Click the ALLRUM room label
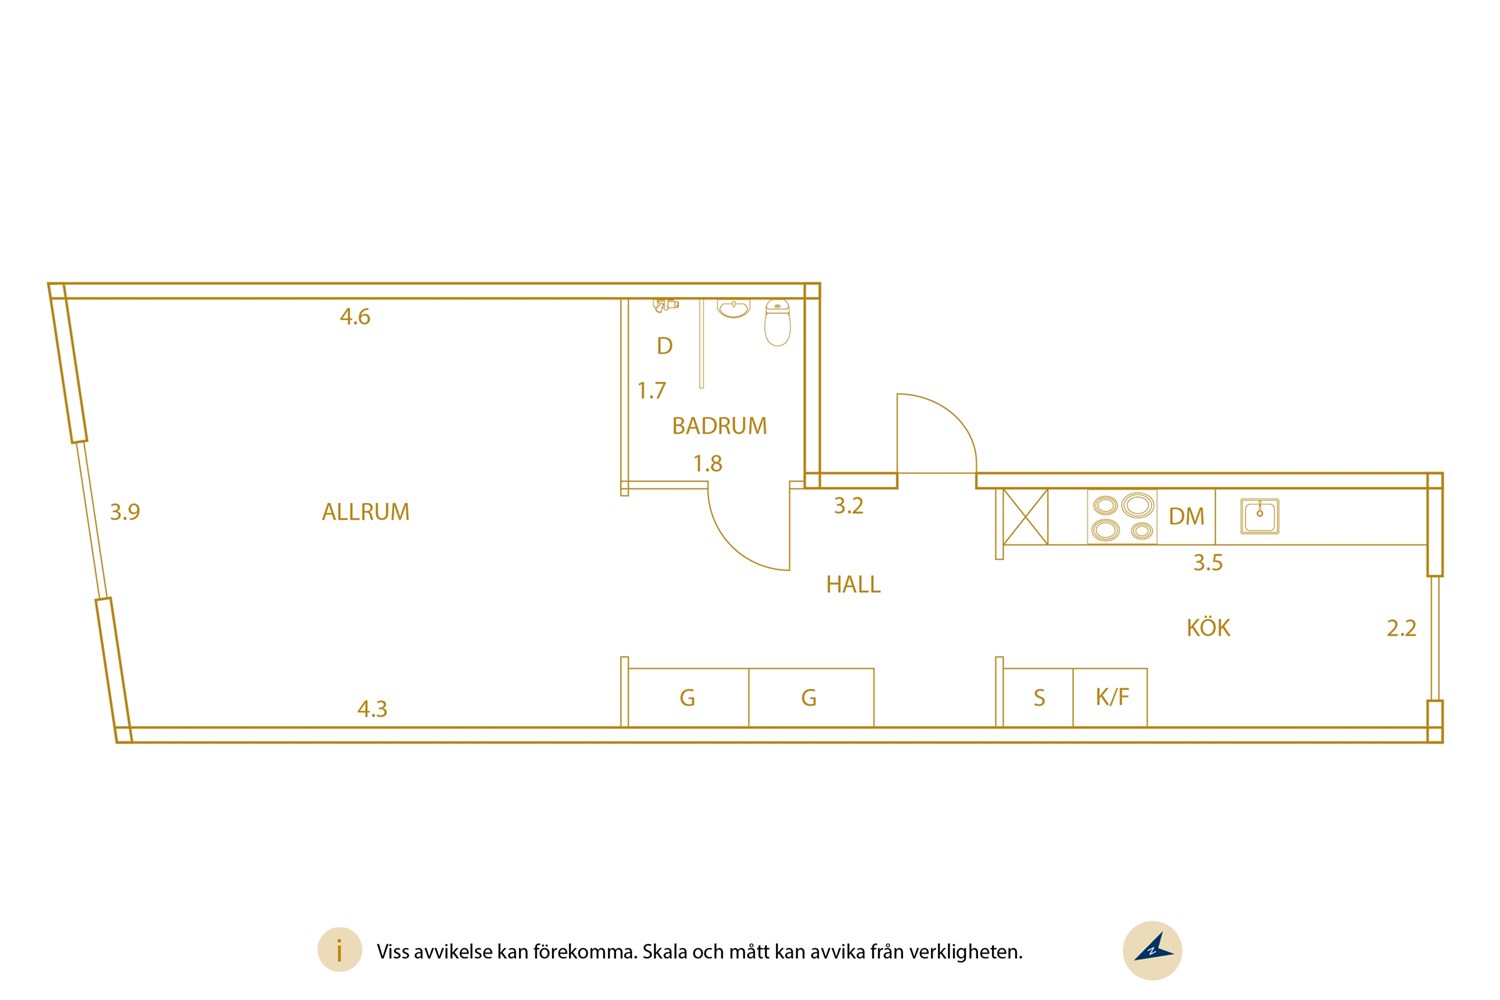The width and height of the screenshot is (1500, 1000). [365, 512]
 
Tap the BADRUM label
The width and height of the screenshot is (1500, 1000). [719, 426]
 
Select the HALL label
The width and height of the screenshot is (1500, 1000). [853, 584]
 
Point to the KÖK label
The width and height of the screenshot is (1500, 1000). [1208, 628]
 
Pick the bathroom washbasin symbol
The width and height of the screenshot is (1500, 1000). [733, 308]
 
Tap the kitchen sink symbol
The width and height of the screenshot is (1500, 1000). [1260, 516]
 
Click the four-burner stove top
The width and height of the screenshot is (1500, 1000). [1122, 516]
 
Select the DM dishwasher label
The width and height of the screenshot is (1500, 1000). [1186, 516]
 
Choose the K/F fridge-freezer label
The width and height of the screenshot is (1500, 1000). [1112, 697]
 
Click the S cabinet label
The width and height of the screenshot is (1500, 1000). [1039, 698]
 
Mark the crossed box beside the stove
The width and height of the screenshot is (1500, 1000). [1025, 517]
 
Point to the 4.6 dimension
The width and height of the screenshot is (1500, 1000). [355, 316]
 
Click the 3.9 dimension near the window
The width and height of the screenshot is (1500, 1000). [125, 512]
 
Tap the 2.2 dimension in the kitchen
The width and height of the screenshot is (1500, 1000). [1401, 628]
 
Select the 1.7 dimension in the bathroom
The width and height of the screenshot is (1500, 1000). [652, 390]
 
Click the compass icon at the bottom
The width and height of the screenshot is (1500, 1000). [1152, 950]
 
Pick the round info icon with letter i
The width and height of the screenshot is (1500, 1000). [340, 950]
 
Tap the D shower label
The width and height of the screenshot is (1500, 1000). [664, 346]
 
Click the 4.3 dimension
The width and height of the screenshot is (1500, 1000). [372, 709]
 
